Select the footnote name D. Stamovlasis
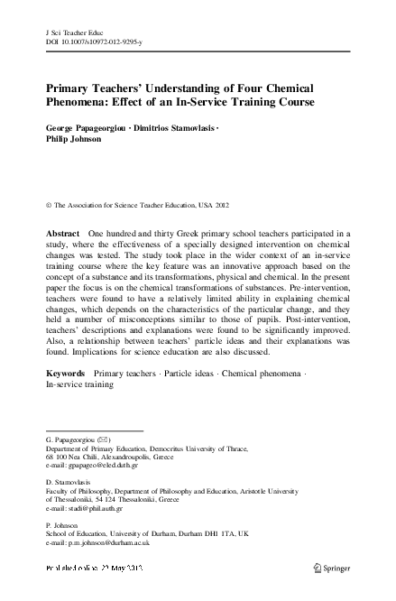coord(69,485)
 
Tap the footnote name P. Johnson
coord(60,526)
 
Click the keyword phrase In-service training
coord(79,384)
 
